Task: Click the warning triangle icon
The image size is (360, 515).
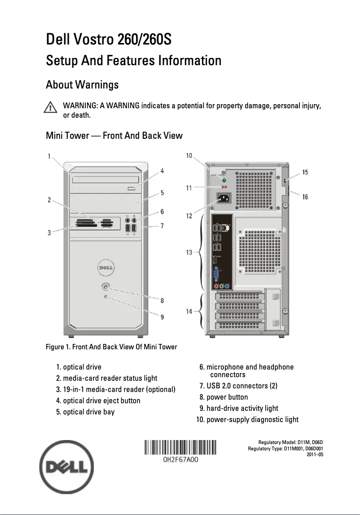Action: coord(50,108)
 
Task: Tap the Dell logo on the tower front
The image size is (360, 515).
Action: coord(105,269)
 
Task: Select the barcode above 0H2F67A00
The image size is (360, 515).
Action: coord(180,449)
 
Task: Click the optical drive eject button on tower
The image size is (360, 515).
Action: coord(133,188)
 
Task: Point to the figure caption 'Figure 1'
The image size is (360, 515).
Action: coord(111,347)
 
